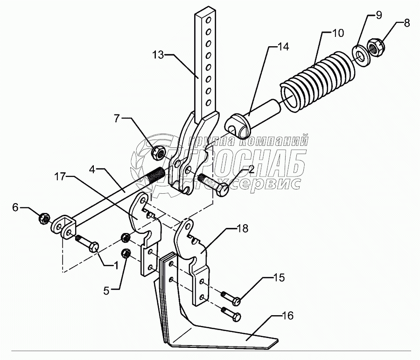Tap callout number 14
click(x=283, y=47)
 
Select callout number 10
click(x=338, y=33)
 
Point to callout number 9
click(x=378, y=15)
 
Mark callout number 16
click(x=288, y=316)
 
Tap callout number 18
click(x=243, y=229)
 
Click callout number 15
click(x=278, y=278)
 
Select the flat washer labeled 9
click(x=360, y=53)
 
